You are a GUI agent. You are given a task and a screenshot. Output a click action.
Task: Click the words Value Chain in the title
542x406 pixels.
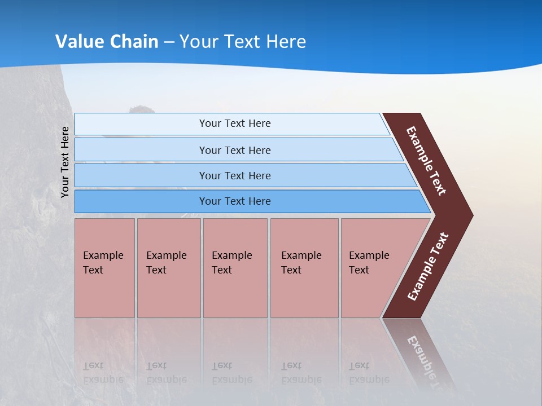pyautogui.click(x=107, y=42)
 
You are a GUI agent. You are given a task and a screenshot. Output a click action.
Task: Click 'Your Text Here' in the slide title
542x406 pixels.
pyautogui.click(x=242, y=42)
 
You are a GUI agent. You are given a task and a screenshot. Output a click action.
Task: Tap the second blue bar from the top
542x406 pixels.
pyautogui.click(x=234, y=150)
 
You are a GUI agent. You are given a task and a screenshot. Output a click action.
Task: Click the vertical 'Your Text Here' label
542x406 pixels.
pyautogui.click(x=65, y=162)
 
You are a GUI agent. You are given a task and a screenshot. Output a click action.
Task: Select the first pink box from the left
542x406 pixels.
pyautogui.click(x=104, y=268)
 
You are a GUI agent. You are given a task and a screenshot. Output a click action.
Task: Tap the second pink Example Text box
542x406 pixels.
pyautogui.click(x=168, y=268)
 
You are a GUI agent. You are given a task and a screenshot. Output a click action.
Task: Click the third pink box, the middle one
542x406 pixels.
pyautogui.click(x=235, y=268)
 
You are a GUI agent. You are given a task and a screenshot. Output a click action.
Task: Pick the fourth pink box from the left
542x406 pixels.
pyautogui.click(x=304, y=268)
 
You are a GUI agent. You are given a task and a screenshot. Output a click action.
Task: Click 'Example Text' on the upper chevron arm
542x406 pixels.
pyautogui.click(x=427, y=161)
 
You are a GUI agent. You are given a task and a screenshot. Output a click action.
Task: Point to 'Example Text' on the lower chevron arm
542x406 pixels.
pyautogui.click(x=427, y=267)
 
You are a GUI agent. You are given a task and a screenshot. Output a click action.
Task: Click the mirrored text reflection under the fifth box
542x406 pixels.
pyautogui.click(x=369, y=373)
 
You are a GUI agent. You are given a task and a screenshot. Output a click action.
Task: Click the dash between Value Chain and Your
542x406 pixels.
pyautogui.click(x=169, y=42)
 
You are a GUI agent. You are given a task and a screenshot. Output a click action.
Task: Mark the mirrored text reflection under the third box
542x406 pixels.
pyautogui.click(x=231, y=373)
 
